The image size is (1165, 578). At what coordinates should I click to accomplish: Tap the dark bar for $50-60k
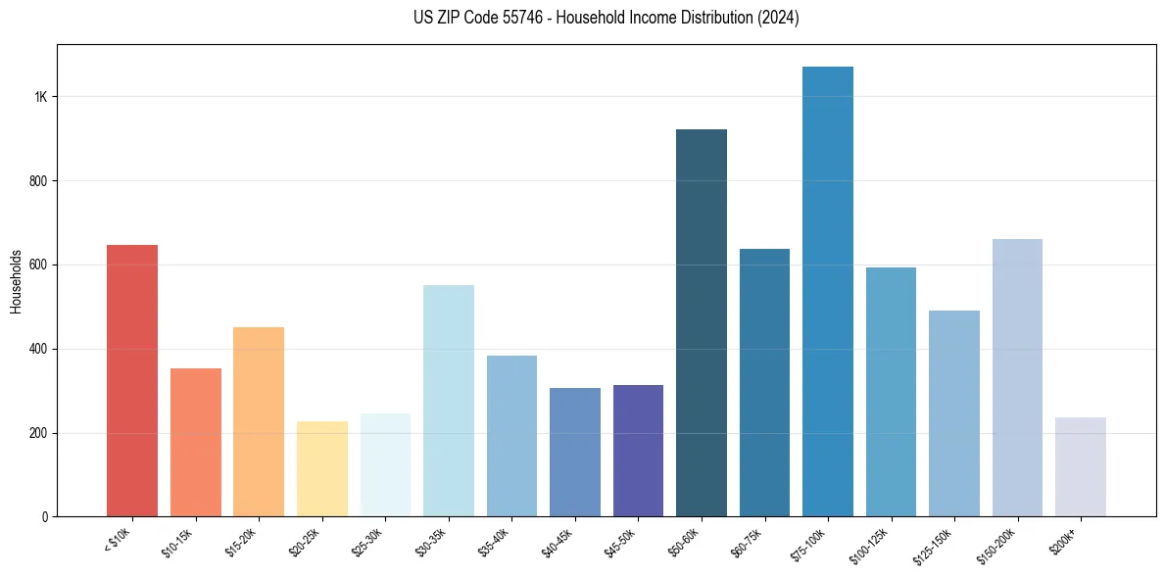click(702, 322)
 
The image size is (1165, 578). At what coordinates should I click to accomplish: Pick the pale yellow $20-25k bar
click(322, 468)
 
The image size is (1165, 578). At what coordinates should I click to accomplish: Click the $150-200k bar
click(1017, 377)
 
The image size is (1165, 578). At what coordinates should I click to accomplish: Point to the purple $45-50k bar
click(638, 451)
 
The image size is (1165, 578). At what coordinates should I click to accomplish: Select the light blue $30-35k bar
click(449, 401)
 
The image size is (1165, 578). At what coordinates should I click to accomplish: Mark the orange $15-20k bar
click(259, 421)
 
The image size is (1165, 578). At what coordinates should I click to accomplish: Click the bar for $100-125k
click(891, 392)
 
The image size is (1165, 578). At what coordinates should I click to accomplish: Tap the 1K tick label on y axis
click(41, 97)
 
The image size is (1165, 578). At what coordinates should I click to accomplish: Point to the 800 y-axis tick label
click(37, 181)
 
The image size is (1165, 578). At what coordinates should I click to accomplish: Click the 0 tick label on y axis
click(44, 516)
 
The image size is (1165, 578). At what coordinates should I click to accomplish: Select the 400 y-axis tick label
click(37, 349)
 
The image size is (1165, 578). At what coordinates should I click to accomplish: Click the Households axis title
click(16, 280)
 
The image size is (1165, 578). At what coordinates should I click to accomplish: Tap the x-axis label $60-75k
click(747, 541)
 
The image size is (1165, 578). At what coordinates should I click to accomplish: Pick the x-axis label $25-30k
click(367, 541)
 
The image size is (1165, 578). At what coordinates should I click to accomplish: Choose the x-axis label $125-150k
click(934, 544)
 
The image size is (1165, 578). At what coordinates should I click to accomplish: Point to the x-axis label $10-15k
click(177, 541)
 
